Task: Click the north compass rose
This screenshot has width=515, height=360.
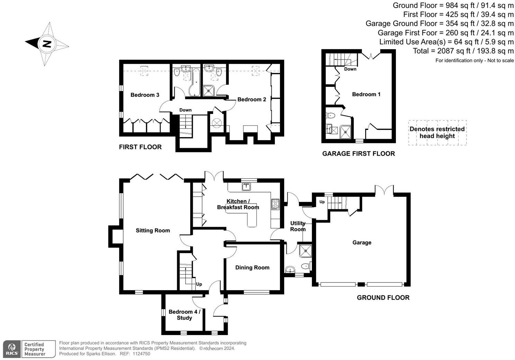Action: pos(47,44)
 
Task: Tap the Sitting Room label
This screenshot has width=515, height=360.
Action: pos(153,231)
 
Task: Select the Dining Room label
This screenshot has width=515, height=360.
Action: pos(252,268)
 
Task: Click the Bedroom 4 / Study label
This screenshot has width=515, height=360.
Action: pos(184,315)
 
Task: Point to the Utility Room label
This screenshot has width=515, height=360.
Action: pos(298,226)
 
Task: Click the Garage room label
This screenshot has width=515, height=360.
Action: pos(362,243)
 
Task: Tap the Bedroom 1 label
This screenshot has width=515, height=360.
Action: pos(366,94)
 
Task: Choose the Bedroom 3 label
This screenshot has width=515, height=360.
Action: pos(145,95)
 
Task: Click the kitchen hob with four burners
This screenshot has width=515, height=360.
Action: pos(275,204)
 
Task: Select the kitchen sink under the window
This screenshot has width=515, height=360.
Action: pos(246,187)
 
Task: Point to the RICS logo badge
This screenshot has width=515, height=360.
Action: pos(12,349)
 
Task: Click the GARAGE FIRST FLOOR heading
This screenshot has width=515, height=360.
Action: pos(358,154)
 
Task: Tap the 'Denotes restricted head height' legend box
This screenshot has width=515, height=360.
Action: pos(437,133)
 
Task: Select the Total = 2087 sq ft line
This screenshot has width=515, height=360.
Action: pos(463,51)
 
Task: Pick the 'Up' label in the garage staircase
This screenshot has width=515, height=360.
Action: pos(322,202)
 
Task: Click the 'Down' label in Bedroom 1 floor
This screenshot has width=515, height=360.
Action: pos(350,69)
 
